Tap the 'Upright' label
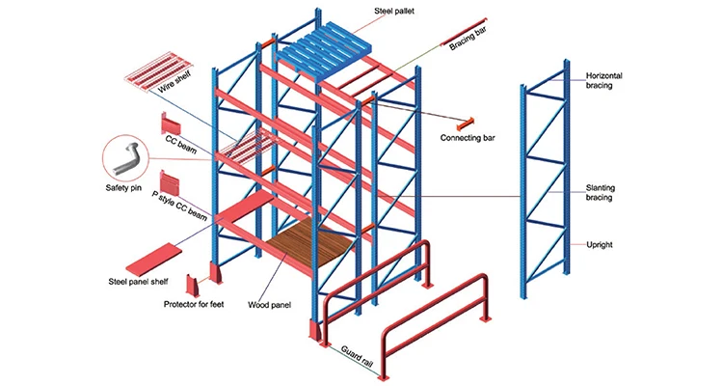click(x=603, y=245)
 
